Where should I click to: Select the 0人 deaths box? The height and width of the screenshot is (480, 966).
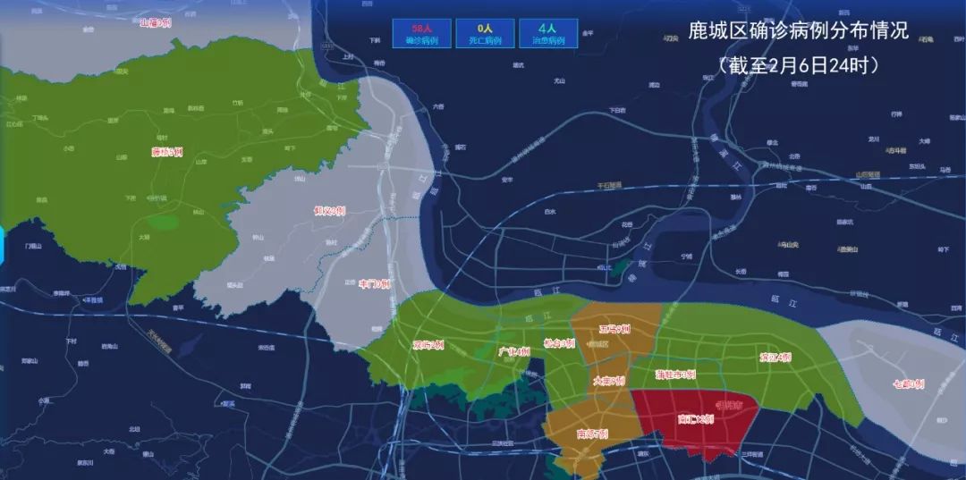point(485,34)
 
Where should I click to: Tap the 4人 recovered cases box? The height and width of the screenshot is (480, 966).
point(547,34)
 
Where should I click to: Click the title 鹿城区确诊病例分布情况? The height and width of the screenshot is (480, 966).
point(799,31)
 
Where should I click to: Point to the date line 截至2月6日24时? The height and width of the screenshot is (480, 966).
point(799,65)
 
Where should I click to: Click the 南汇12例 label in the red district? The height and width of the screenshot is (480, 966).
point(695,418)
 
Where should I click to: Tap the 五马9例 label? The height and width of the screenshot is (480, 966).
point(616,329)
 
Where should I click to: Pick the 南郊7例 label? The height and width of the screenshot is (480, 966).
point(592,434)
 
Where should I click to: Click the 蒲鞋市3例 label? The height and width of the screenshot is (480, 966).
point(675,375)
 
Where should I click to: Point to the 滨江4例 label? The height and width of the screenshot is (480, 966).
point(775,358)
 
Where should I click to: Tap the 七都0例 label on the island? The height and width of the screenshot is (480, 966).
point(908,384)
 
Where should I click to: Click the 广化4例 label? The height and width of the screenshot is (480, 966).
point(513,351)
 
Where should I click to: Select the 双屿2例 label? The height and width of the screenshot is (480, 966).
point(428,344)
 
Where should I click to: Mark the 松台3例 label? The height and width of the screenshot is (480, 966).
point(559,342)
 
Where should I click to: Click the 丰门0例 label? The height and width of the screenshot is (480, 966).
point(375,283)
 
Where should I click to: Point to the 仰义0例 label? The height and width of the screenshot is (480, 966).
point(329,211)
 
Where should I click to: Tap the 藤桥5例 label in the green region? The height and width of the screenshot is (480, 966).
point(167,152)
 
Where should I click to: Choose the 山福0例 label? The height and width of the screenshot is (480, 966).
point(155,22)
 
